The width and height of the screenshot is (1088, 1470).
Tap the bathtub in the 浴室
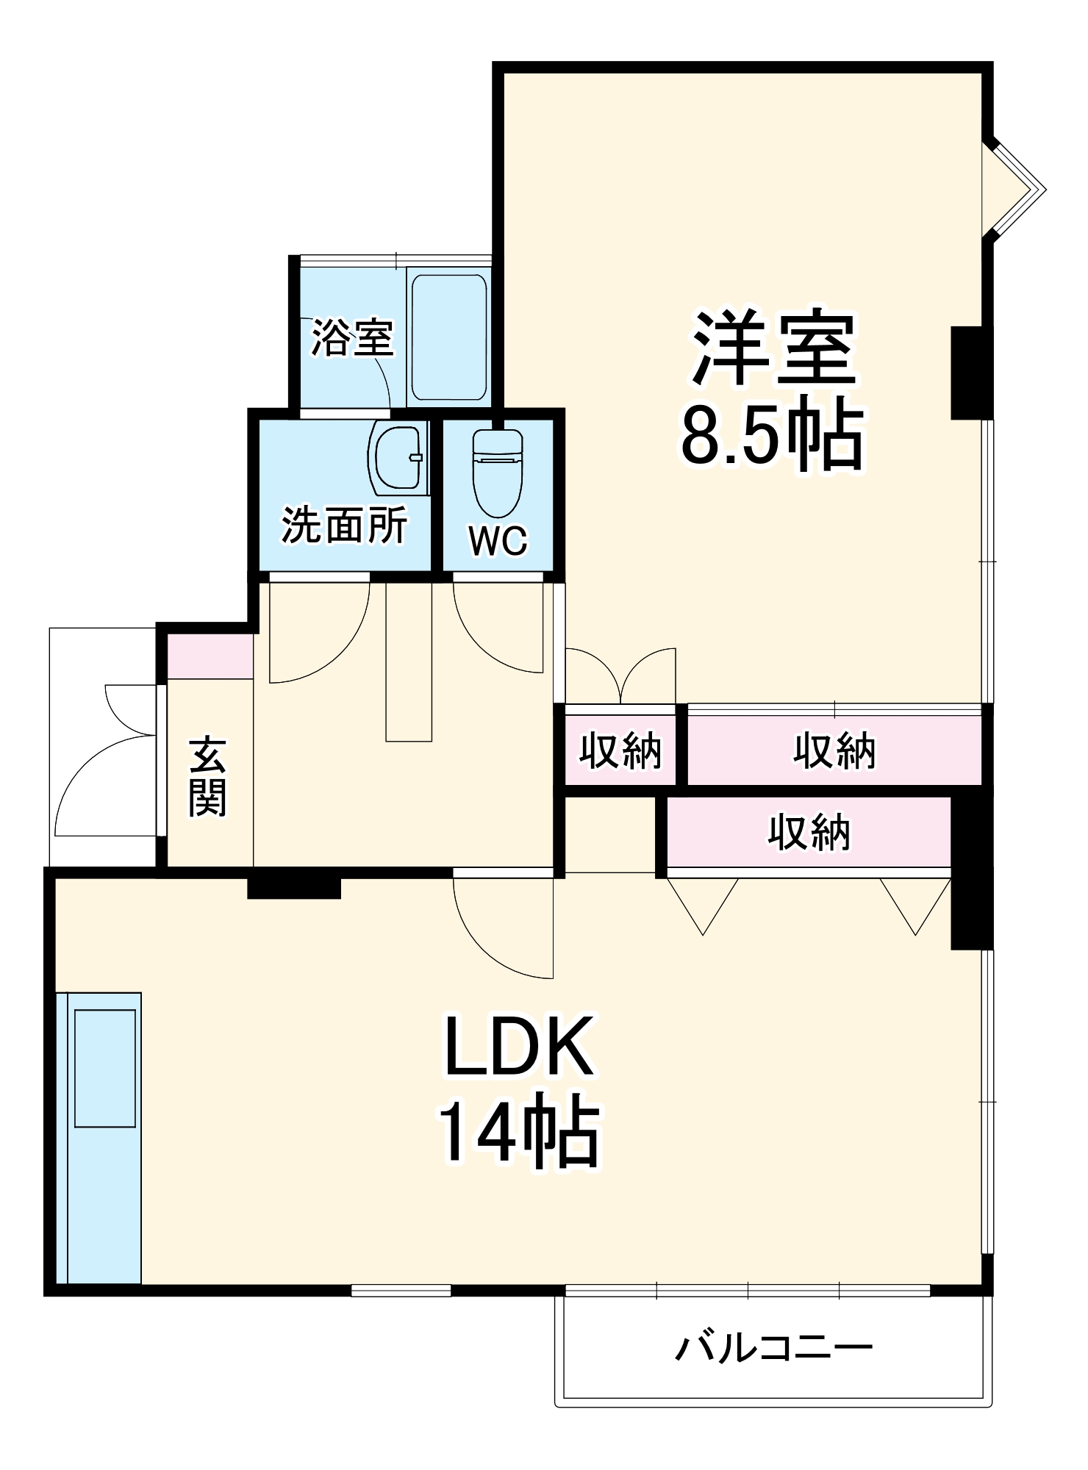448,337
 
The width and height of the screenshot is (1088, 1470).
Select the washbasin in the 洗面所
398,459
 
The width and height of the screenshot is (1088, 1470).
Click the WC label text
498,542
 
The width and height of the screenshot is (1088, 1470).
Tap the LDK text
519,1046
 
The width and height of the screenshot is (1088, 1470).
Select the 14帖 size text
519,1132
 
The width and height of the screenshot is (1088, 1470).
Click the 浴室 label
352,337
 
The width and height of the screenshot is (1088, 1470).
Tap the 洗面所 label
344,525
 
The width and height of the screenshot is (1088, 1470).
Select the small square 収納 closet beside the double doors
620,750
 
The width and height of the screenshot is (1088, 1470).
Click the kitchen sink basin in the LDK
105,1067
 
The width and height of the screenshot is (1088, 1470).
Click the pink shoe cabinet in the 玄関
210,656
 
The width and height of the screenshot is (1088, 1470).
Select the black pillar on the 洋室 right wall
970,373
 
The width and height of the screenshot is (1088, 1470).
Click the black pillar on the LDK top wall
293,884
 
